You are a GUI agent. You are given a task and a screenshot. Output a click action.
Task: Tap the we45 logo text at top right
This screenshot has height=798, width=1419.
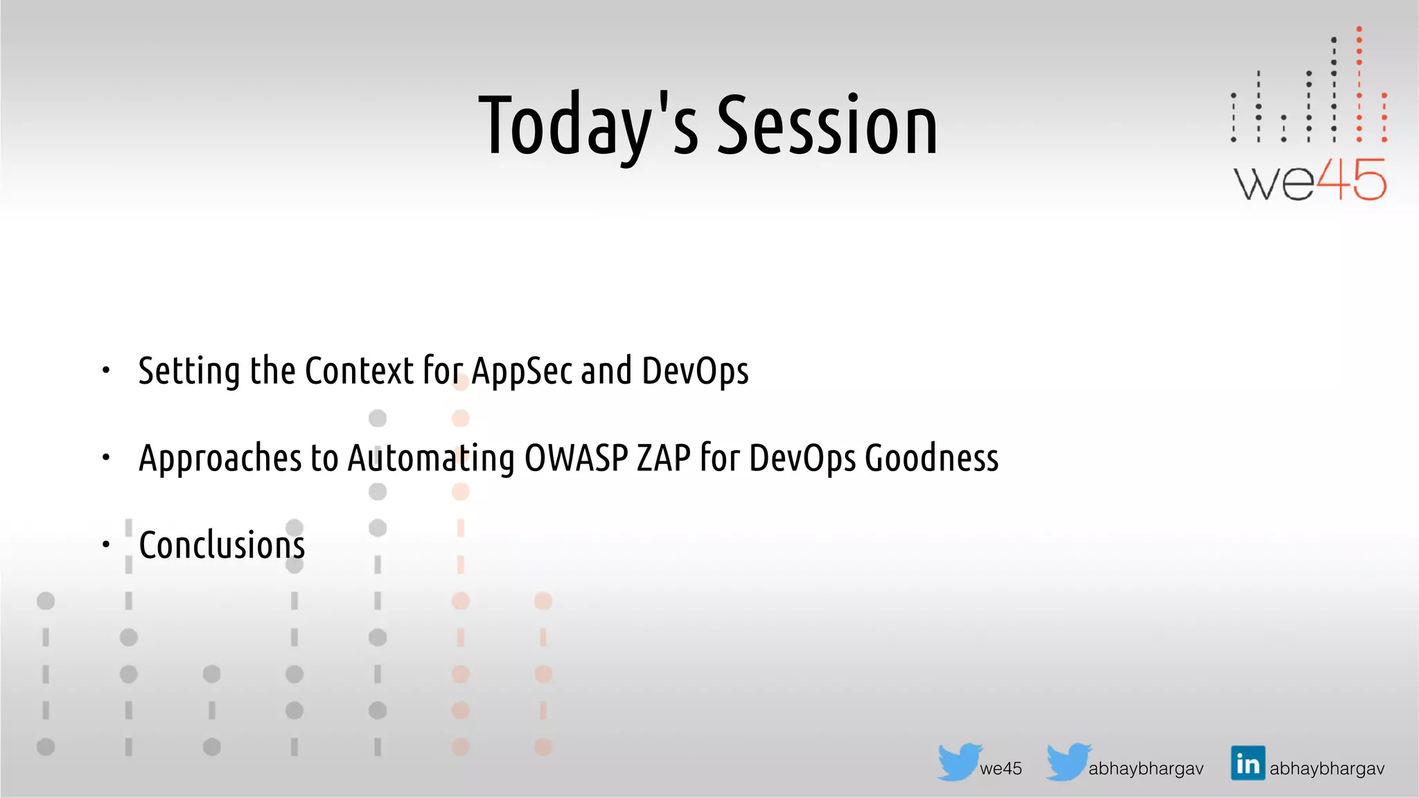pyautogui.click(x=1310, y=180)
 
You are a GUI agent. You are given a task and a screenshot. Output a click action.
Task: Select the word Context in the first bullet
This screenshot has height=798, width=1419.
pyautogui.click(x=359, y=371)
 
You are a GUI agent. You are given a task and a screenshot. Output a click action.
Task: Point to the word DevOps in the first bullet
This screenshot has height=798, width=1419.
pyautogui.click(x=695, y=371)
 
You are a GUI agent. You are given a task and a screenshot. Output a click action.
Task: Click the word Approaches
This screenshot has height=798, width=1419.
pyautogui.click(x=220, y=458)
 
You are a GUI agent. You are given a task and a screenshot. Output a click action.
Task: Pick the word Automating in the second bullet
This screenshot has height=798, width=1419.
pyautogui.click(x=430, y=458)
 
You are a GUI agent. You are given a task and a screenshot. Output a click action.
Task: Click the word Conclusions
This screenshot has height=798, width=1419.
pyautogui.click(x=222, y=544)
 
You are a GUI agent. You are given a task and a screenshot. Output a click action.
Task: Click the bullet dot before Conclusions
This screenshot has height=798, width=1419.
pyautogui.click(x=106, y=544)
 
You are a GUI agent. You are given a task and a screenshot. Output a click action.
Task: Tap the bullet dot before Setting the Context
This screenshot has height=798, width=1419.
pyautogui.click(x=106, y=371)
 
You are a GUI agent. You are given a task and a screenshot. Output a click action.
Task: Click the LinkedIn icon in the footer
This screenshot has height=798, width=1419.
pyautogui.click(x=1247, y=763)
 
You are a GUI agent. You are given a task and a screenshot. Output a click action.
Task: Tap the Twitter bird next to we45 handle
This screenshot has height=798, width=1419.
pyautogui.click(x=959, y=761)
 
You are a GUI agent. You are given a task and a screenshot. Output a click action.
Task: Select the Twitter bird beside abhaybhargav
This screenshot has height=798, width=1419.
pyautogui.click(x=1068, y=761)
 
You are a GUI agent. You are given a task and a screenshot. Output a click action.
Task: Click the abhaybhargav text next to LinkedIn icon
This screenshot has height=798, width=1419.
pyautogui.click(x=1327, y=768)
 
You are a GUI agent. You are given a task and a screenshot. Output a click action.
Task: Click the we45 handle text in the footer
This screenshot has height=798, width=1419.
pyautogui.click(x=1001, y=768)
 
